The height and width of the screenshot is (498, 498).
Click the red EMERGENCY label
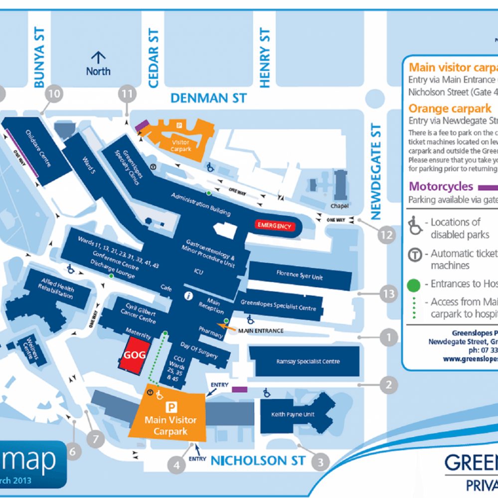coord(273,226)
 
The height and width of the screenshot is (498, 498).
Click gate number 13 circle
coord(388,294)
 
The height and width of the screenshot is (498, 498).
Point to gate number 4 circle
coord(176,465)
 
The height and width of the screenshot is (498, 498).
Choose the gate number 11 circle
coord(127,93)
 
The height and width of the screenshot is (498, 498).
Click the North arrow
coord(98,58)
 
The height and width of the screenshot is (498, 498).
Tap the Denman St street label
coord(208,98)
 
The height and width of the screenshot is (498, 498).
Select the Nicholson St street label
coord(256,460)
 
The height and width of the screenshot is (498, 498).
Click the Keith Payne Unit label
coord(293,414)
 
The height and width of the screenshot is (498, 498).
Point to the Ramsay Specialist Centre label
coord(308,362)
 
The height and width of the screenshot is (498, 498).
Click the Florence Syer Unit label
coord(300,275)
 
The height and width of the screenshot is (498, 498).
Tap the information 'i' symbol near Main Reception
coord(188,296)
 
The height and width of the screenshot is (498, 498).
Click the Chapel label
coord(339,206)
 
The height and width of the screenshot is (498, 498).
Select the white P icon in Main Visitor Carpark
coord(172,407)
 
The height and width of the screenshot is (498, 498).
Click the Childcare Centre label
coord(38,148)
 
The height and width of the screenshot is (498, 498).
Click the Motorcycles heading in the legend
coord(441,187)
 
